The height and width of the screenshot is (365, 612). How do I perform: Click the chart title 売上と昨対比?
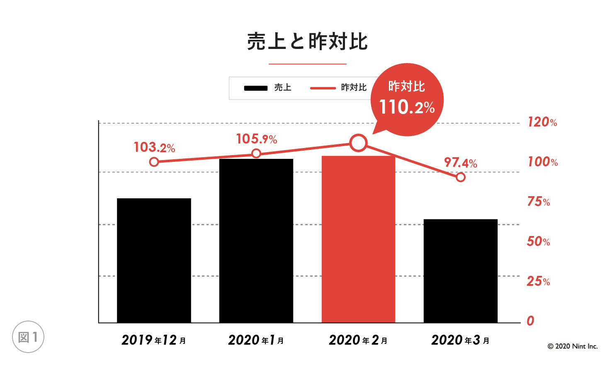(307, 41)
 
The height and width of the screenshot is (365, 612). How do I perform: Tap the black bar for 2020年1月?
(256, 241)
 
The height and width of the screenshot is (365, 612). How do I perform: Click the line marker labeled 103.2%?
(154, 162)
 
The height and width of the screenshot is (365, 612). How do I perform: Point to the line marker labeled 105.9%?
(256, 153)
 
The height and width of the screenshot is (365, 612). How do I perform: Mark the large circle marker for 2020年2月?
(358, 143)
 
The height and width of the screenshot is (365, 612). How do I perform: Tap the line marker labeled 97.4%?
(460, 177)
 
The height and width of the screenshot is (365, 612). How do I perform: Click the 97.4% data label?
(460, 163)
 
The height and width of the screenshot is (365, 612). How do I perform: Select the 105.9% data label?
(256, 139)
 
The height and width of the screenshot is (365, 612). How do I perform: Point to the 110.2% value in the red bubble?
(407, 107)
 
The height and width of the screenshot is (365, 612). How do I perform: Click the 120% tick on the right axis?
(542, 122)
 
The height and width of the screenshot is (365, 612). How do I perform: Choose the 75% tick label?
(538, 202)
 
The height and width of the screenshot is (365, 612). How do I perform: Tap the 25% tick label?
(538, 281)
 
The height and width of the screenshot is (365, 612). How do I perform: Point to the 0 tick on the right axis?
(530, 321)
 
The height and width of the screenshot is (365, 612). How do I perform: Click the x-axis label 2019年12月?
(154, 340)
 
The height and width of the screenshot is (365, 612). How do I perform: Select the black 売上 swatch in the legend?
(256, 88)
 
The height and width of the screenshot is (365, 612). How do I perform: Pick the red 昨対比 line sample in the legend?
(323, 88)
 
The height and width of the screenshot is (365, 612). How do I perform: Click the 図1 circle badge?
(28, 337)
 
